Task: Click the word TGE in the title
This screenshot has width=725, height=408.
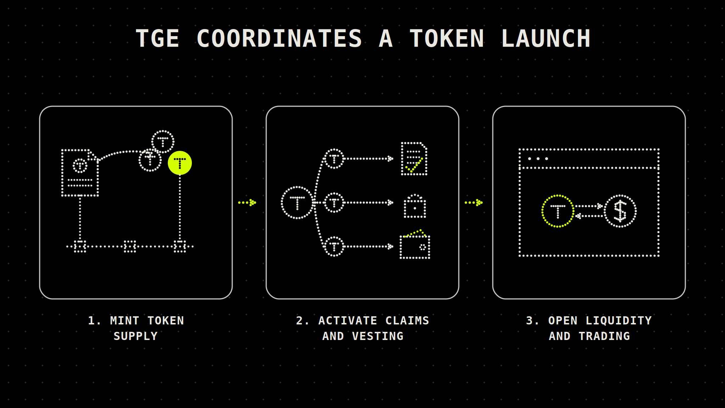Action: click(158, 38)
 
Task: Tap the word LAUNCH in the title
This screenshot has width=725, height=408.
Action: click(546, 38)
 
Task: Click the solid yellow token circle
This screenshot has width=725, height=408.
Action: click(180, 163)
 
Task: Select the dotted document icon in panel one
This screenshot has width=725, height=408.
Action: click(80, 172)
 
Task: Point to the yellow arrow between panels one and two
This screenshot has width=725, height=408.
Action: click(247, 203)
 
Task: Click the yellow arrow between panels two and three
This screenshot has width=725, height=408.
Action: click(474, 203)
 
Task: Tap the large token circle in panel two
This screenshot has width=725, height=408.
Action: click(297, 203)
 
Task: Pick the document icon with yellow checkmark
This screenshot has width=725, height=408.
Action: click(414, 159)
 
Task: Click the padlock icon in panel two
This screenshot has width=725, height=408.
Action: click(415, 206)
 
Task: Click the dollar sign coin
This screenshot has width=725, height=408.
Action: click(620, 211)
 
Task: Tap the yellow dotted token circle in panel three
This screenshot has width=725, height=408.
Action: click(558, 211)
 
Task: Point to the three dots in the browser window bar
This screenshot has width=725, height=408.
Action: click(538, 159)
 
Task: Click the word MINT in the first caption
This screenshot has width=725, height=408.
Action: click(125, 321)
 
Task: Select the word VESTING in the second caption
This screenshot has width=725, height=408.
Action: click(378, 336)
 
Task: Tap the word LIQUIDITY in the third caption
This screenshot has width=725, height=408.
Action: click(619, 321)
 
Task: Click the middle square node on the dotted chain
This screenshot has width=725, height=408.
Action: click(130, 246)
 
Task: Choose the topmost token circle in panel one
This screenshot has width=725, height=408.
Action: click(163, 142)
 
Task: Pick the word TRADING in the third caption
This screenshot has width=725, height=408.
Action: click(604, 336)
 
